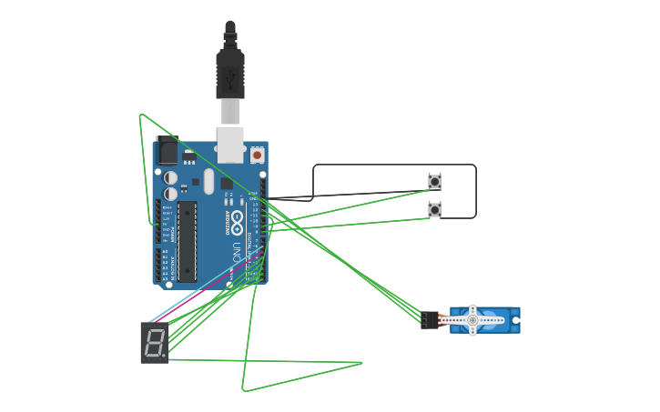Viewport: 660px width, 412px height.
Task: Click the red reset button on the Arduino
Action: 257,156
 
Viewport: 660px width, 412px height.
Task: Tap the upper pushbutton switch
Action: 434,182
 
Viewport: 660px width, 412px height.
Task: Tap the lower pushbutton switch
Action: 434,210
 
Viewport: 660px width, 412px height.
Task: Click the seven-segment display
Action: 155,342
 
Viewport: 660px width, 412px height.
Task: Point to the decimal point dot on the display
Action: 165,356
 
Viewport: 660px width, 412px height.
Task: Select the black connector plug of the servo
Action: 430,320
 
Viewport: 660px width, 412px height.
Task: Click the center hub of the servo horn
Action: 472,320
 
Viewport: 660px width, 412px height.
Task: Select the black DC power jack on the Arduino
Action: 167,151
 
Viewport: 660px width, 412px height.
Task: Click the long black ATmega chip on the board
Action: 187,241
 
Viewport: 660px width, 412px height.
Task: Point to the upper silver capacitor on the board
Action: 171,177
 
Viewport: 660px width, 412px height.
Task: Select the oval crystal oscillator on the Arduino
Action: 208,180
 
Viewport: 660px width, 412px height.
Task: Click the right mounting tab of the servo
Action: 515,320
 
